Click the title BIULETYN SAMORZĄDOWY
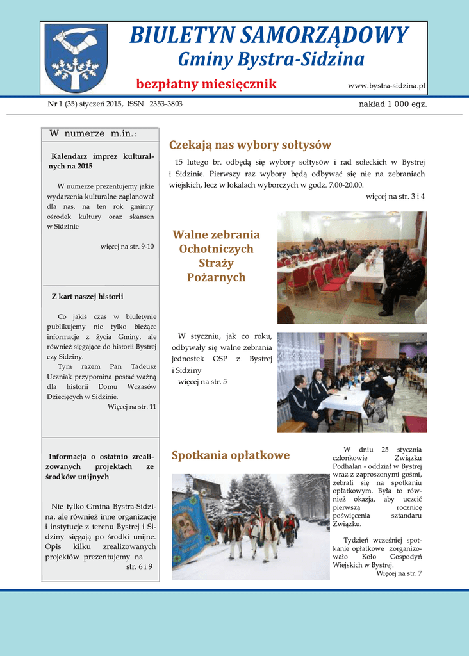click(268, 35)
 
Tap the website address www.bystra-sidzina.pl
click(386, 85)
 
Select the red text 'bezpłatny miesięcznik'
click(206, 85)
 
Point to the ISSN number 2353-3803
click(166, 104)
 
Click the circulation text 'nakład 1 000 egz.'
click(393, 104)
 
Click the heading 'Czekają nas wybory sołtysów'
click(250, 145)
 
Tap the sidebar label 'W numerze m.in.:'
click(94, 134)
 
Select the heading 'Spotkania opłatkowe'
click(231, 455)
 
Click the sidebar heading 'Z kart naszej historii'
click(87, 297)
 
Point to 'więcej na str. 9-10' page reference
click(128, 246)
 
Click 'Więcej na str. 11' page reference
click(132, 407)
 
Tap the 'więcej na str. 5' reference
click(202, 382)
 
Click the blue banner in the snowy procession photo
click(191, 526)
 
